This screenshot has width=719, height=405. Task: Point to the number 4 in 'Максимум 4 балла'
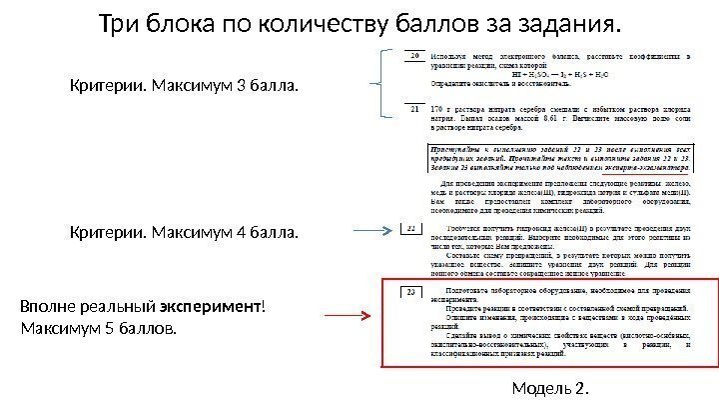coord(238,234)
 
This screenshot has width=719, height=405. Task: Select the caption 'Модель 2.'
coord(549,387)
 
